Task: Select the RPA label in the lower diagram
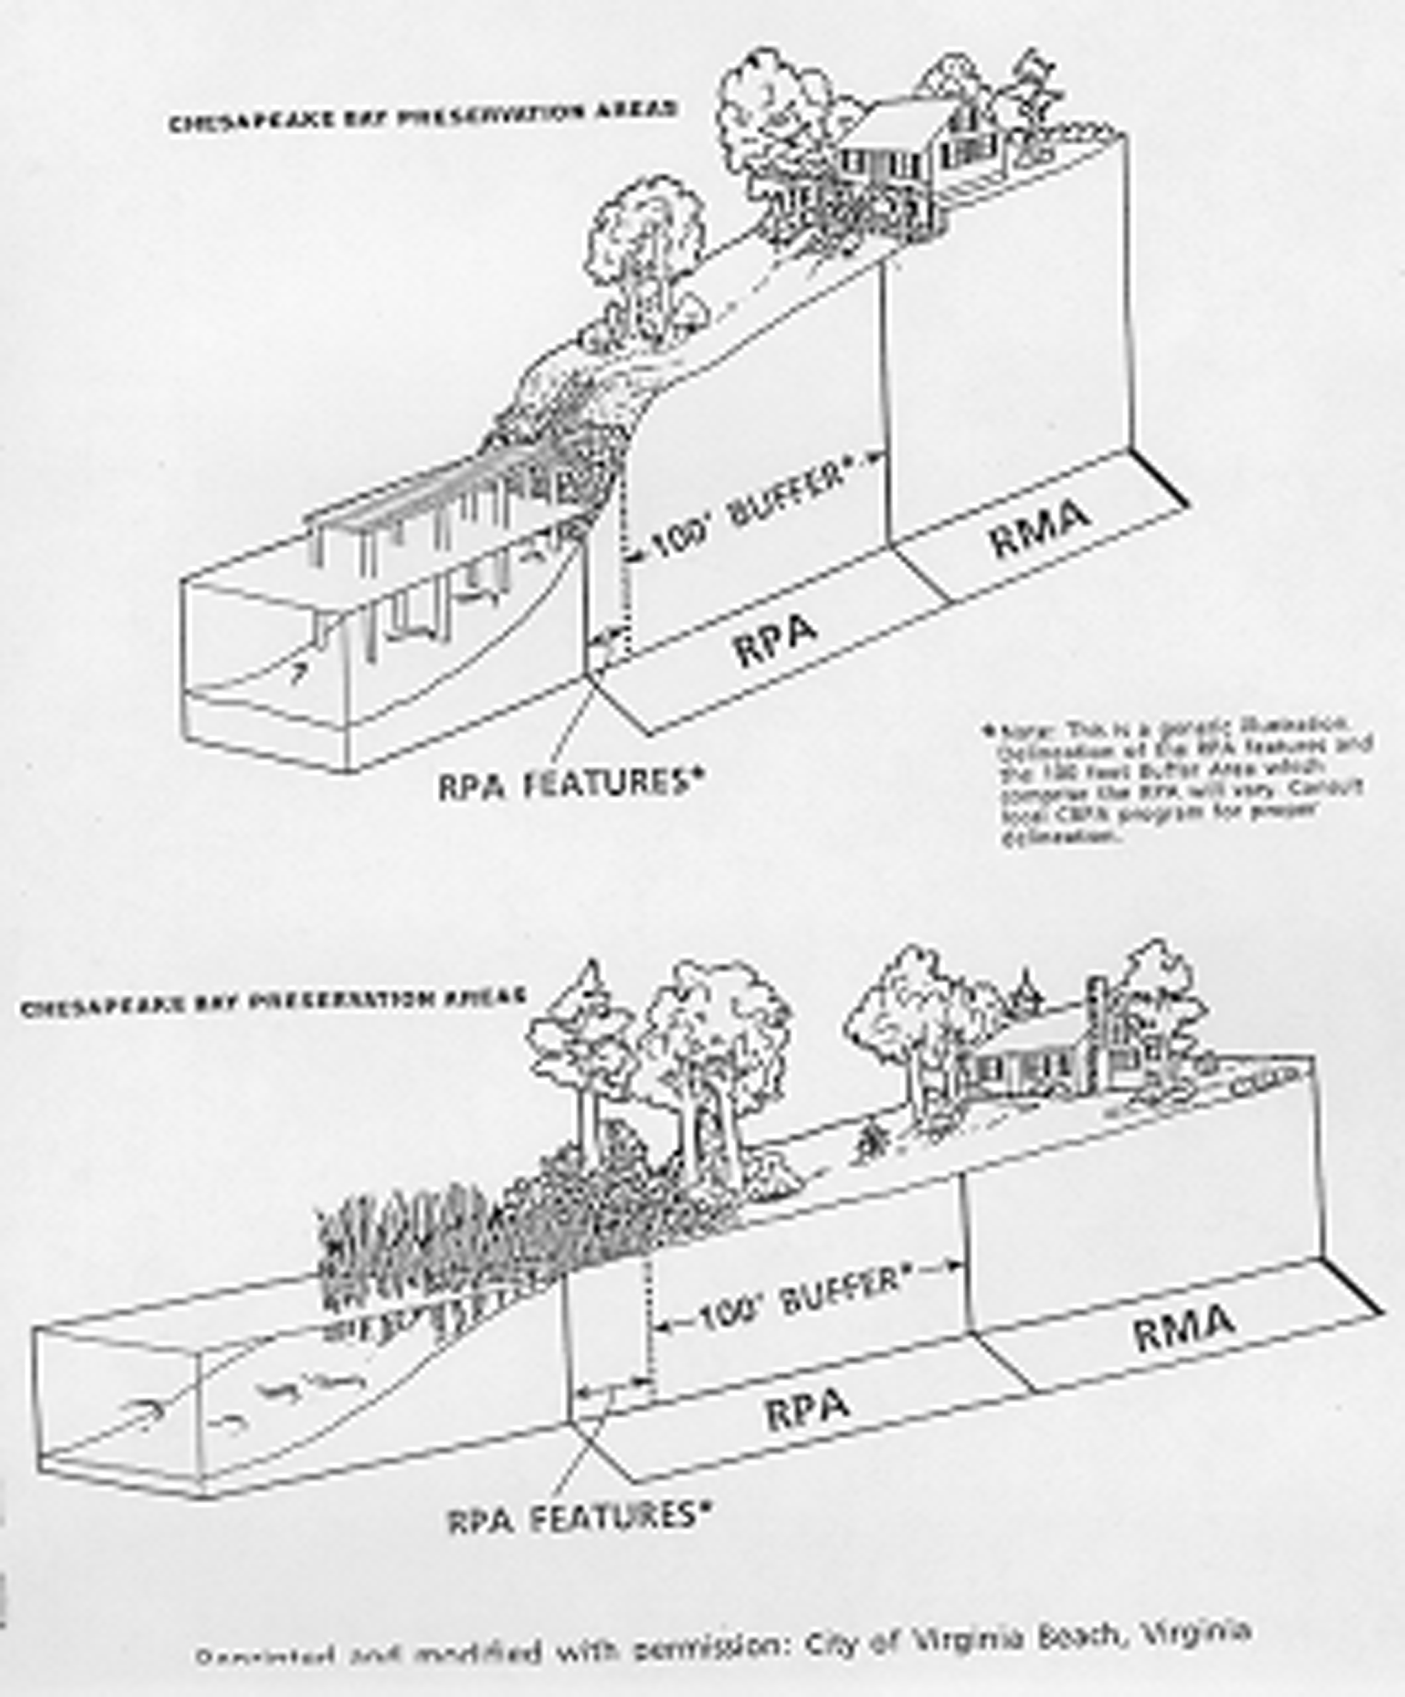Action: [x=807, y=1410]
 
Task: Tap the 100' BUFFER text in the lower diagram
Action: [x=798, y=1301]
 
